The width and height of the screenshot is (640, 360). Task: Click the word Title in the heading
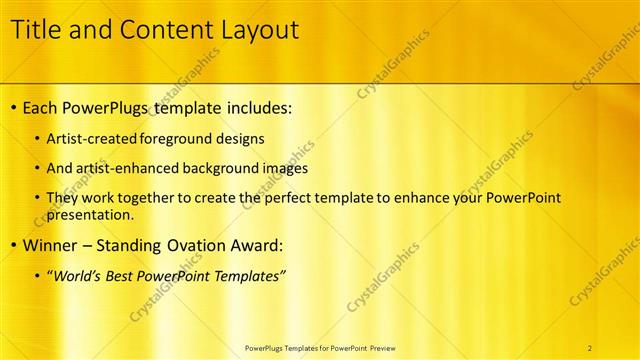click(36, 30)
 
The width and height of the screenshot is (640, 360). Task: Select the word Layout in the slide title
click(254, 30)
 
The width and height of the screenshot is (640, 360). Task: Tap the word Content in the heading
click(159, 30)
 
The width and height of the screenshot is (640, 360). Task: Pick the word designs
click(241, 138)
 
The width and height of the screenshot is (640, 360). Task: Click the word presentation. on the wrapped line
click(90, 214)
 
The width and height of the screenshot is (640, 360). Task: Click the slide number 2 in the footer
click(590, 347)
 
